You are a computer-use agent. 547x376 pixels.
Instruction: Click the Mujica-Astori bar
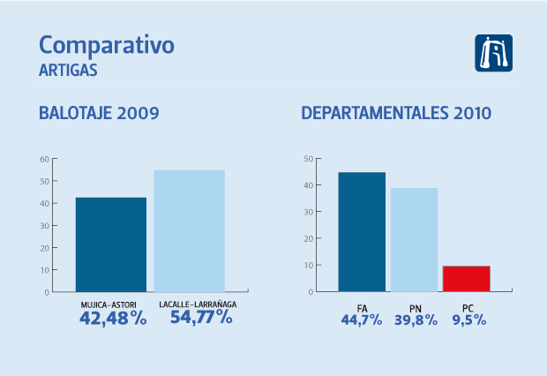111,244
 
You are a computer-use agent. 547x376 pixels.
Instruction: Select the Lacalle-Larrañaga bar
190,231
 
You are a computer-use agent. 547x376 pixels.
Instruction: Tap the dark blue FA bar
362,232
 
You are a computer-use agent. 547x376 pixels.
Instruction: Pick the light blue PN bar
414,240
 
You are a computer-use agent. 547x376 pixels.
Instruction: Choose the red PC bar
466,279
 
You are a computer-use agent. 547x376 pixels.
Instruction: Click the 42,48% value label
112,318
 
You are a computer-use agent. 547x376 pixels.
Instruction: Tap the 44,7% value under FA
362,320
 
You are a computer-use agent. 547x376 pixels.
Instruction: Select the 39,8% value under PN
415,320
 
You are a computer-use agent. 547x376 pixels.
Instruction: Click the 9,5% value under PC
469,320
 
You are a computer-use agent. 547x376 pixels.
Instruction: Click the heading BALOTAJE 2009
99,113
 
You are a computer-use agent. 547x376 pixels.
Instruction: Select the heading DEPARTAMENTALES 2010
396,113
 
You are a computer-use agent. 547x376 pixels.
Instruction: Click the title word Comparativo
107,45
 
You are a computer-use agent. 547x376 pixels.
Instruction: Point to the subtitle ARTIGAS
68,69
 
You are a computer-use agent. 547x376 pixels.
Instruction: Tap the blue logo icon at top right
493,53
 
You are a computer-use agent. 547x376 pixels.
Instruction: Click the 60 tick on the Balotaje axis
44,160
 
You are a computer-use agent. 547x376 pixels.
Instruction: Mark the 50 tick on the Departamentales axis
308,160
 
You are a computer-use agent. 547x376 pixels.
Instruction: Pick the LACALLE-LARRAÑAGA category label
199,305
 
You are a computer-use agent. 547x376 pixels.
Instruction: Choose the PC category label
468,307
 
